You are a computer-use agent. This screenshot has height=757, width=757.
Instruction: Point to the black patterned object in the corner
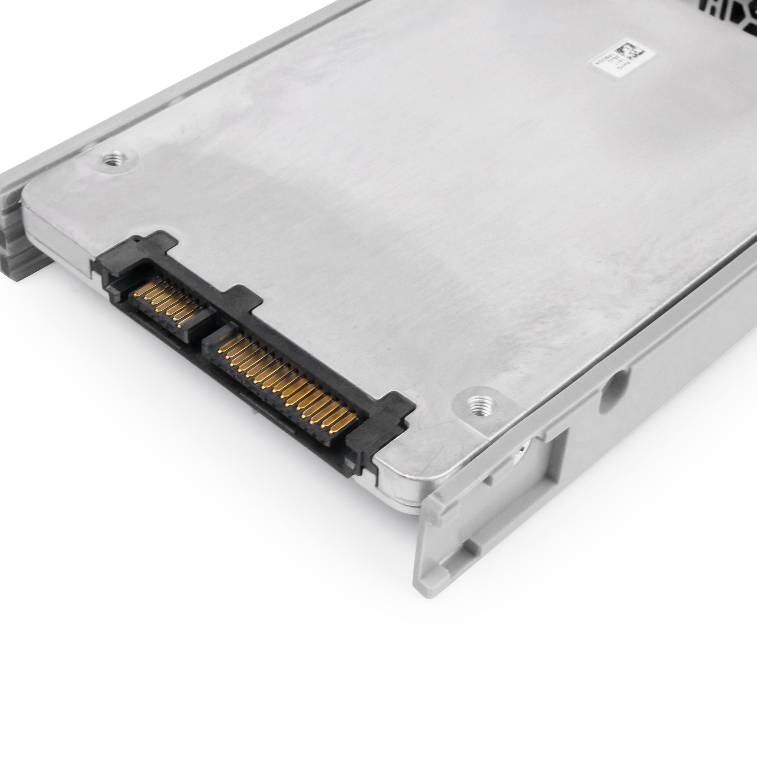(x=737, y=10)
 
